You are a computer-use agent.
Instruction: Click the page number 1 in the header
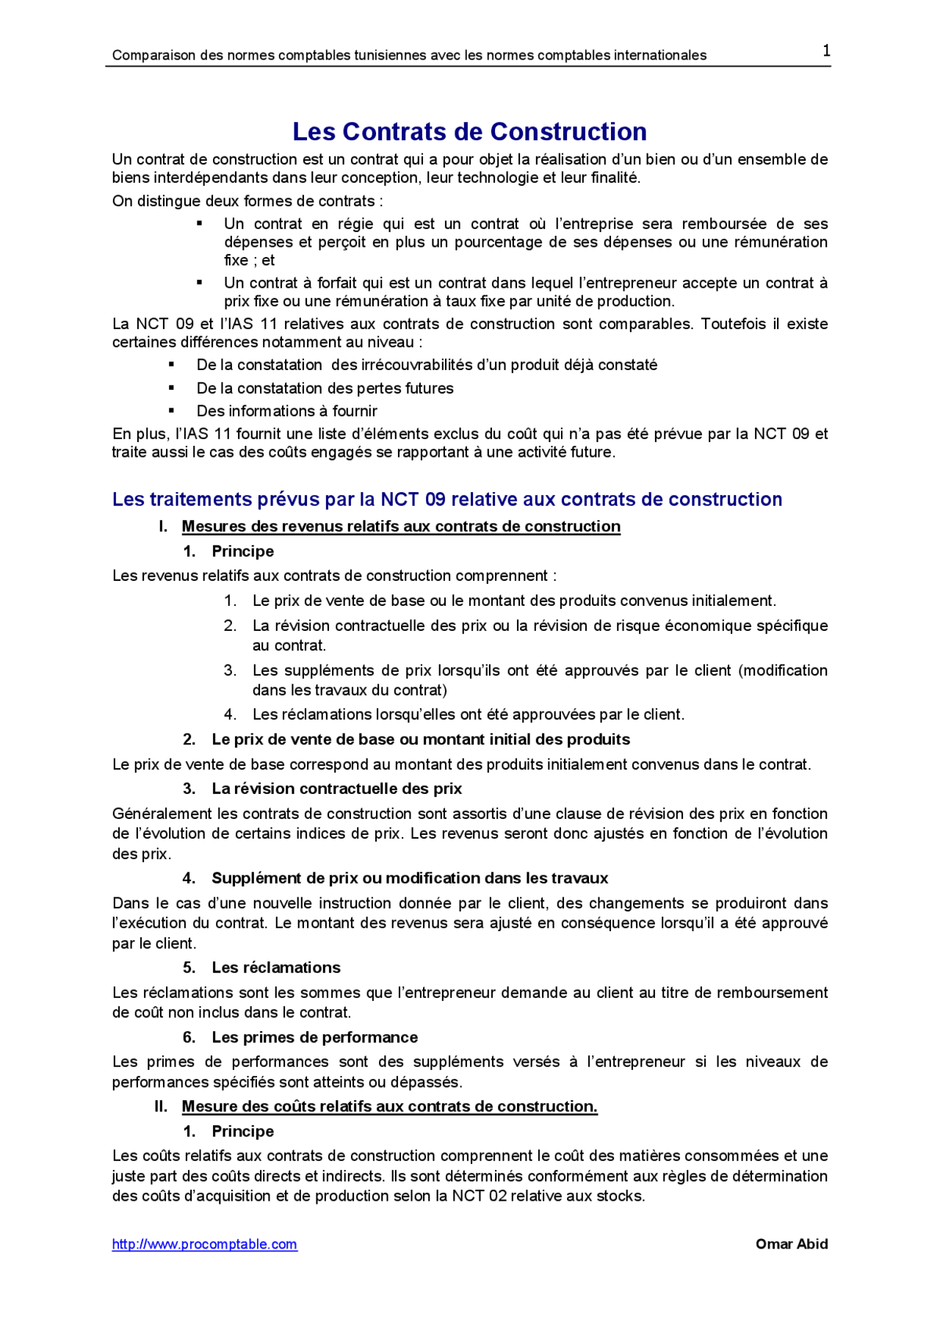coord(826,51)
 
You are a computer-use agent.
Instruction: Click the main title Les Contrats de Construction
coord(469,131)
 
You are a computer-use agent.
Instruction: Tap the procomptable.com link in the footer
coord(204,1244)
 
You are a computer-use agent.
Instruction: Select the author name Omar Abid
coord(791,1244)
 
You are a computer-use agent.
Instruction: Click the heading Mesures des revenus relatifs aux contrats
coord(401,527)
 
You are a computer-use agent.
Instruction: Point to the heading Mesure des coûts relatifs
coord(389,1107)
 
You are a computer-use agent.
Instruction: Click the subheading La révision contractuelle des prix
coord(336,789)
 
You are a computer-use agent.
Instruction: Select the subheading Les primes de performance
coord(314,1037)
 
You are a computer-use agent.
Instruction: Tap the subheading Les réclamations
coord(276,968)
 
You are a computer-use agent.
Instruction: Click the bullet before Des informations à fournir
coord(172,411)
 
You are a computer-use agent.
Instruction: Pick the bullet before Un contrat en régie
coord(200,223)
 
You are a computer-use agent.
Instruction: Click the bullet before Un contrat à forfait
coord(200,282)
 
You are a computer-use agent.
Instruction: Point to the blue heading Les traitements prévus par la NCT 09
coord(446,499)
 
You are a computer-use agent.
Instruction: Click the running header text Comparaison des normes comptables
coord(409,55)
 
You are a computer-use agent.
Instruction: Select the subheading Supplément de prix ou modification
coord(410,878)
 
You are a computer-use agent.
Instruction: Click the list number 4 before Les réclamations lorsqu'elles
coord(230,715)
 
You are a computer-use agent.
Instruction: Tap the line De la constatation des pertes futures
coord(325,388)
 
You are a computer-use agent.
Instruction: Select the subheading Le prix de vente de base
coord(420,740)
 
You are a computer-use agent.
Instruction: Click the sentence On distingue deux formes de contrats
coord(247,201)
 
